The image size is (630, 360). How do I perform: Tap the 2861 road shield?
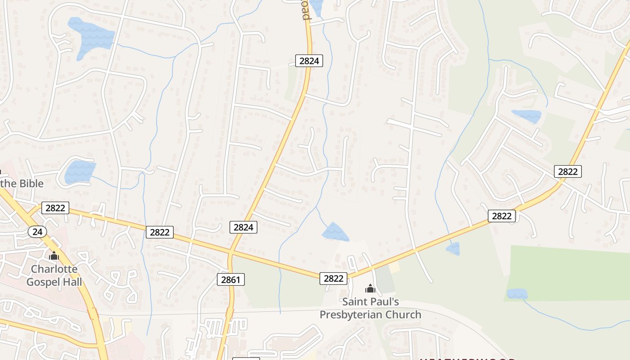tap(231, 279)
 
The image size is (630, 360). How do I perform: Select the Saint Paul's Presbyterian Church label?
tap(370, 308)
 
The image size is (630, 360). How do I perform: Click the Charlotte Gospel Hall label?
tap(54, 275)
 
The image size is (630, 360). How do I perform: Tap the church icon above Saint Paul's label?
tap(370, 289)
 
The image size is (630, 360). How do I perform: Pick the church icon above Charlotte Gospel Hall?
tap(54, 256)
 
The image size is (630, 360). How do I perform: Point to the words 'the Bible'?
tap(22, 184)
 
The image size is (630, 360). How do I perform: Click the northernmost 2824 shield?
tap(309, 61)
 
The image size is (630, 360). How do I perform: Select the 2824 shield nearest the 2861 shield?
tap(243, 227)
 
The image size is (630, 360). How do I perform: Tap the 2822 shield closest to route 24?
tap(55, 208)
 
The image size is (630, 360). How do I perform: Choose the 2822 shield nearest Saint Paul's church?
tap(333, 279)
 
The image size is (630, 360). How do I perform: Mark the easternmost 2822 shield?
tap(567, 171)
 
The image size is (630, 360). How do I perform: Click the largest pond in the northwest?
tap(91, 36)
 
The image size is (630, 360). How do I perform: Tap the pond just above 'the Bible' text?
tap(80, 172)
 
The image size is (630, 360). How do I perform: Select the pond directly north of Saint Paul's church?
tap(335, 232)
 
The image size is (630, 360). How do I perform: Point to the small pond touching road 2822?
tap(453, 249)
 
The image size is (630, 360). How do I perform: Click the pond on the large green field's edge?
tap(517, 294)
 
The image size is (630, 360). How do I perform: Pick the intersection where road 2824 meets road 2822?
tap(230, 252)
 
